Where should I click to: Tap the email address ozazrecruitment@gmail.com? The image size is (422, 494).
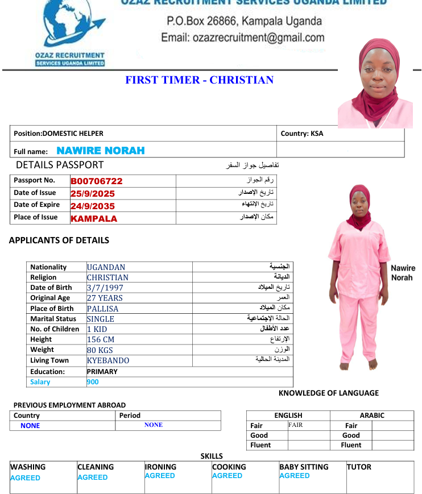point(243,38)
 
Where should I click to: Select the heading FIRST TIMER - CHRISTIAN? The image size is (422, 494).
point(199,80)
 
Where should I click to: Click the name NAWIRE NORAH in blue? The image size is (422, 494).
point(100,151)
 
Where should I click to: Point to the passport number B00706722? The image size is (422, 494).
point(97,181)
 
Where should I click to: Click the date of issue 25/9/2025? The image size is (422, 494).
point(93,194)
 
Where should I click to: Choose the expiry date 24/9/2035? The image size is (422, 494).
point(93,206)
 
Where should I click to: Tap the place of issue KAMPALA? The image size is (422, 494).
point(94,218)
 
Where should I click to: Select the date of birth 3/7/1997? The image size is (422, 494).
point(105,288)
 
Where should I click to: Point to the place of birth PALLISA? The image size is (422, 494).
point(102,309)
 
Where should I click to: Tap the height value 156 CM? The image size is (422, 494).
point(101,339)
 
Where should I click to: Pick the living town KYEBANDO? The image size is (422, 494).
point(107,360)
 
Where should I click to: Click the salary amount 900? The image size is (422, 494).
point(93,382)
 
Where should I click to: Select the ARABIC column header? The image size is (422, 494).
point(372,416)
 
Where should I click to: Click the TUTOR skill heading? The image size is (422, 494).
point(359,467)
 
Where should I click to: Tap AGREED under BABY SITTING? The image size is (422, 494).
point(295,476)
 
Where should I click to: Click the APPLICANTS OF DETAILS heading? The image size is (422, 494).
point(59,240)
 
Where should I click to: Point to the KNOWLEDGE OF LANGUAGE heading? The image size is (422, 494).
point(328,393)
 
